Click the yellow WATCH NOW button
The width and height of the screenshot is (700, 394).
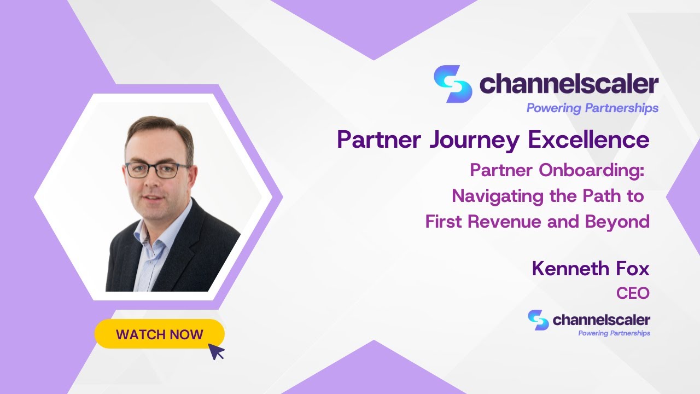point(159,334)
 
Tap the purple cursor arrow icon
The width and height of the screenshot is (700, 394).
point(217,351)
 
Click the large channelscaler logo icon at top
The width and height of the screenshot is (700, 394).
point(452,84)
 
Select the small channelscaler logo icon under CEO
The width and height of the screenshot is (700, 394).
point(538,320)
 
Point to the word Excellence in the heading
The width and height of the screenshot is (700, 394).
point(588,140)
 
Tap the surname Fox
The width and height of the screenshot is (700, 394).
point(634,269)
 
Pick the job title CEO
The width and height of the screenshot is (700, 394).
point(633,293)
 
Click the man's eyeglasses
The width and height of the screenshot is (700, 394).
point(157,170)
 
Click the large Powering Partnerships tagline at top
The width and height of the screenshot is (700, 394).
point(592,108)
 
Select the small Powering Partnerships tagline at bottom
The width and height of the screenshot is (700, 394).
point(614,333)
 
